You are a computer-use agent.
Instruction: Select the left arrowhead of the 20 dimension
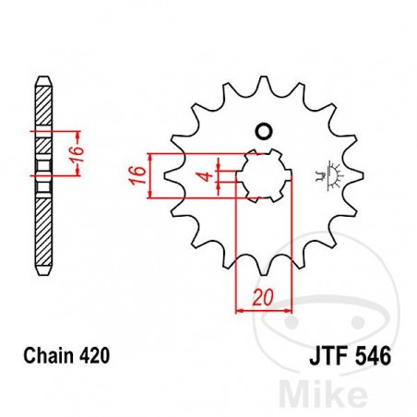click(x=242, y=311)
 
